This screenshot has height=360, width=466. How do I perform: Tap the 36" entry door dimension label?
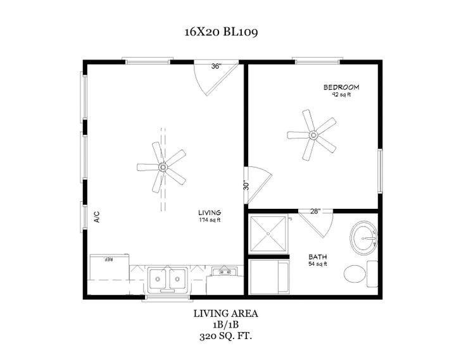click(217, 66)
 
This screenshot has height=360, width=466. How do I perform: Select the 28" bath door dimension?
click(315, 211)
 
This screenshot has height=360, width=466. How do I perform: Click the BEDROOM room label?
click(341, 87)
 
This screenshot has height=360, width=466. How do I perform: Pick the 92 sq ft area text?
click(341, 95)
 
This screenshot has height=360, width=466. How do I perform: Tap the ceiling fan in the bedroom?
click(312, 135)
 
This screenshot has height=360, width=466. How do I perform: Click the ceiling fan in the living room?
click(162, 168)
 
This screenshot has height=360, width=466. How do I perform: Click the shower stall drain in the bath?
click(268, 233)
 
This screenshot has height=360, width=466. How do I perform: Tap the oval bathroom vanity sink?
click(364, 238)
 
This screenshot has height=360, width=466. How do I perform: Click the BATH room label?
click(317, 257)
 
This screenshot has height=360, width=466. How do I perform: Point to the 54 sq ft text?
click(317, 264)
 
